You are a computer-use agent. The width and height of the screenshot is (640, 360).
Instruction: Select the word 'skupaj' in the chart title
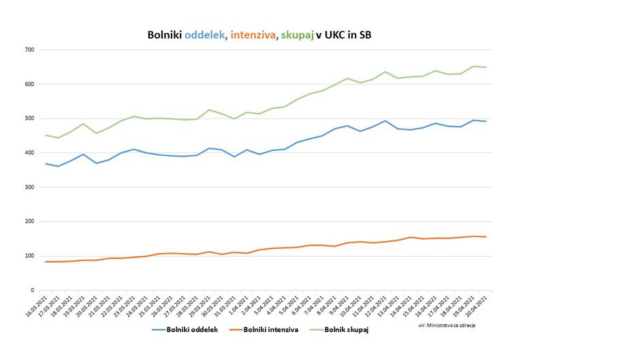coord(296,35)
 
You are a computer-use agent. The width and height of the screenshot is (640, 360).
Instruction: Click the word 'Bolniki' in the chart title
coord(165,35)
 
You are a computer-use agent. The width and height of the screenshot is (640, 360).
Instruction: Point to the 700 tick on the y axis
coord(29,50)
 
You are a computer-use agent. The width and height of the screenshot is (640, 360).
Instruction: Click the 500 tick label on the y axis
coord(29,118)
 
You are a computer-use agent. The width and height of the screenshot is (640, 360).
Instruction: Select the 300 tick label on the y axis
coord(29,187)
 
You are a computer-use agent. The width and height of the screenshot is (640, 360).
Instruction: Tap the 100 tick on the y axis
coord(29,256)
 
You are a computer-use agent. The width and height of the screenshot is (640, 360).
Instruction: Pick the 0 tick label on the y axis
coord(33,291)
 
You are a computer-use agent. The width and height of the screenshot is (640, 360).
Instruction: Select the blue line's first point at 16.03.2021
coord(46,163)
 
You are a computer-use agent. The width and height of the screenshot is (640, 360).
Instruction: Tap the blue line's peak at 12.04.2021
coord(385,120)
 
